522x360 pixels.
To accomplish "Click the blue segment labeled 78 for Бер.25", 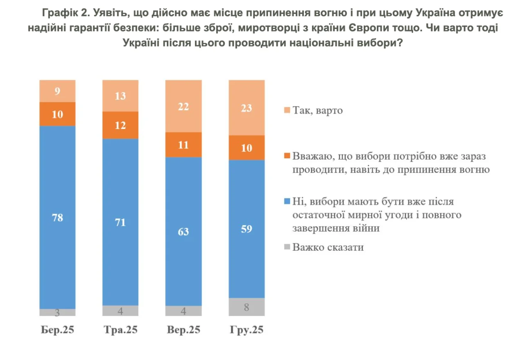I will coord(58,217).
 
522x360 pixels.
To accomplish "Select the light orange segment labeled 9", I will coord(58,91).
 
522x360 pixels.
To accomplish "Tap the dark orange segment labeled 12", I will coord(120,125).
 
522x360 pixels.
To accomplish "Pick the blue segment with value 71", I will coord(120,222).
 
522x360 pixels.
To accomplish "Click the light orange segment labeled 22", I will coord(184,106).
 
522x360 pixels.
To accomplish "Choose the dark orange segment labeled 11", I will coord(184,144).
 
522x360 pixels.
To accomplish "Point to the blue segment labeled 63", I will coord(184,231).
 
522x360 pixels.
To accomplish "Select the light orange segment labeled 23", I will coord(247,108).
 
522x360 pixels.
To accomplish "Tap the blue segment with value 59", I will coord(247,229).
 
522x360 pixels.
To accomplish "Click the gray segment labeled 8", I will coord(247,307).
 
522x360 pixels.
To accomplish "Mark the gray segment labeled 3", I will coord(58,313).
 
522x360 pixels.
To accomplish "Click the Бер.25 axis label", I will coord(58,330).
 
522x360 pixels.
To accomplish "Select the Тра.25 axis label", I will coord(120,330).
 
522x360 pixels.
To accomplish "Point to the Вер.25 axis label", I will coord(184,330).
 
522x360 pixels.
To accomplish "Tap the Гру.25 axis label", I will coord(247,330).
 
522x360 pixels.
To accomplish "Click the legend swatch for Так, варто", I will coord(287,110).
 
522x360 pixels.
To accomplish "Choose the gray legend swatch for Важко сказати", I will coord(287,247).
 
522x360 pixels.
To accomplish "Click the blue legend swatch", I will coord(287,201).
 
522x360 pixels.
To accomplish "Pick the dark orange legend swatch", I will coord(287,156).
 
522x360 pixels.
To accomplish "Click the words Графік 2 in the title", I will coord(65,13).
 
